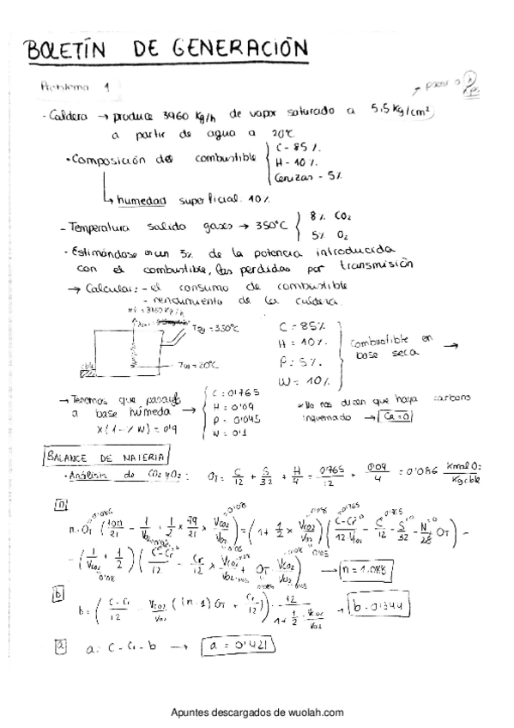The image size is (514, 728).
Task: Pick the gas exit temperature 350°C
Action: pyautogui.click(x=268, y=227)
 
